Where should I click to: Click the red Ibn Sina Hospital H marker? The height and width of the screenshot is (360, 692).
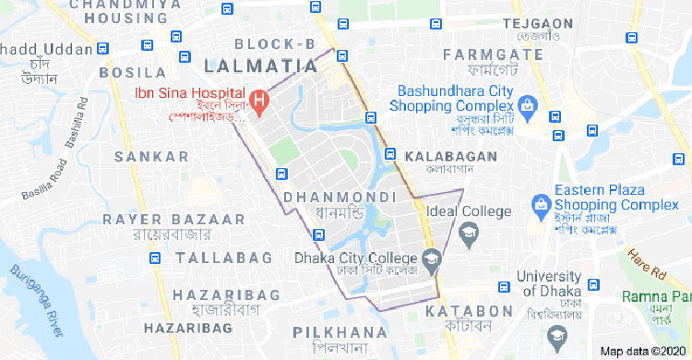coord(260,99)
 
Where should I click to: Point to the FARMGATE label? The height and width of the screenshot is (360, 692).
coord(493,54)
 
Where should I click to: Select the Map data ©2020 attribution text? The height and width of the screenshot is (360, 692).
coord(643,352)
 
